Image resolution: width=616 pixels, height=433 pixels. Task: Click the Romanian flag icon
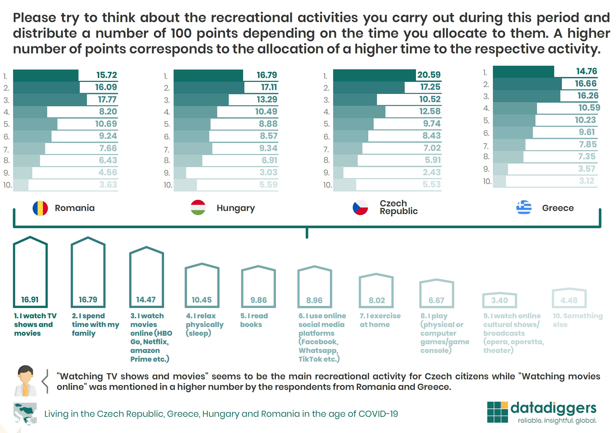click(40, 208)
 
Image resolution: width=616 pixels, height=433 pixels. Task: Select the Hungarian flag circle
click(198, 207)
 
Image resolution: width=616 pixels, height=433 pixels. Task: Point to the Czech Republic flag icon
click(360, 207)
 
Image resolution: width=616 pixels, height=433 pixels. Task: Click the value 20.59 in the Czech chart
click(429, 75)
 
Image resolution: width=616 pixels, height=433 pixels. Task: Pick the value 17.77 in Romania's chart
click(107, 100)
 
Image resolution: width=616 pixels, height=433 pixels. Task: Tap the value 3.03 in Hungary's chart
click(268, 172)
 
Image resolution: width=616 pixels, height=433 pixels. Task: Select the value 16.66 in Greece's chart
click(585, 83)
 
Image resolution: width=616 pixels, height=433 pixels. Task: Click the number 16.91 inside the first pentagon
click(30, 300)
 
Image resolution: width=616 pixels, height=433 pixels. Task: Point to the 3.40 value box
click(499, 300)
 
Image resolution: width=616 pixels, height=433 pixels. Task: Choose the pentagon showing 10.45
click(202, 286)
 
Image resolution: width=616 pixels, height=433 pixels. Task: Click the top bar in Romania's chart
click(46, 75)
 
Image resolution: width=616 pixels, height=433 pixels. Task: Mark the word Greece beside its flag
click(558, 208)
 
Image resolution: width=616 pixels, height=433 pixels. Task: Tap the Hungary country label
click(236, 208)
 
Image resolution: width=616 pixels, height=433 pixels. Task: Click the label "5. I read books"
click(254, 320)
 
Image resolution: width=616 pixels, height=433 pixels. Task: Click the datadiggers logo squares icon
click(497, 412)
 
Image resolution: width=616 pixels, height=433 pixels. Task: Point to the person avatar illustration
click(25, 381)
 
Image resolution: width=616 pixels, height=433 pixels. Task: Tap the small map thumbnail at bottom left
click(25, 413)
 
